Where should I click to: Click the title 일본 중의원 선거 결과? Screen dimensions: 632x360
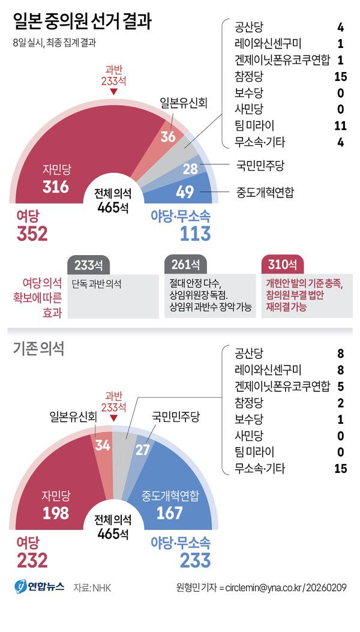point(82,22)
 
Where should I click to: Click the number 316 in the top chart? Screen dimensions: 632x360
point(56,186)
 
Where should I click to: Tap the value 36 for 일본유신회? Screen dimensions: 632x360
point(168,137)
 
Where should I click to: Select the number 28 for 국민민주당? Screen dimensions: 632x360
point(190,169)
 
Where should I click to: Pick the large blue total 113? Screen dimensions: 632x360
point(196,233)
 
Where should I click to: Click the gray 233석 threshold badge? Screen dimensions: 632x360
point(89,265)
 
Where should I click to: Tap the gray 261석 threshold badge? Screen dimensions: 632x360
point(185,265)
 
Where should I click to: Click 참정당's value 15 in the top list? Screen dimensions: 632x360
point(340,76)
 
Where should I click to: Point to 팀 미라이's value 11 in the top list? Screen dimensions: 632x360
point(340,125)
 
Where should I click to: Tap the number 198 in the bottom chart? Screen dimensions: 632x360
point(56,513)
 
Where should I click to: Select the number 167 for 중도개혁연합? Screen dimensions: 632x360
point(170,513)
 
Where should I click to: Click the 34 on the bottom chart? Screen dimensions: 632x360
point(103,445)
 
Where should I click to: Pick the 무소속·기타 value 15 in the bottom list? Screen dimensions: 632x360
point(340,468)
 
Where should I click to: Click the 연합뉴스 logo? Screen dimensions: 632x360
point(40,586)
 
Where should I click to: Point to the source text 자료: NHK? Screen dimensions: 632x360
point(92,588)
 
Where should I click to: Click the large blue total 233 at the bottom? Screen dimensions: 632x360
point(196,560)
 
